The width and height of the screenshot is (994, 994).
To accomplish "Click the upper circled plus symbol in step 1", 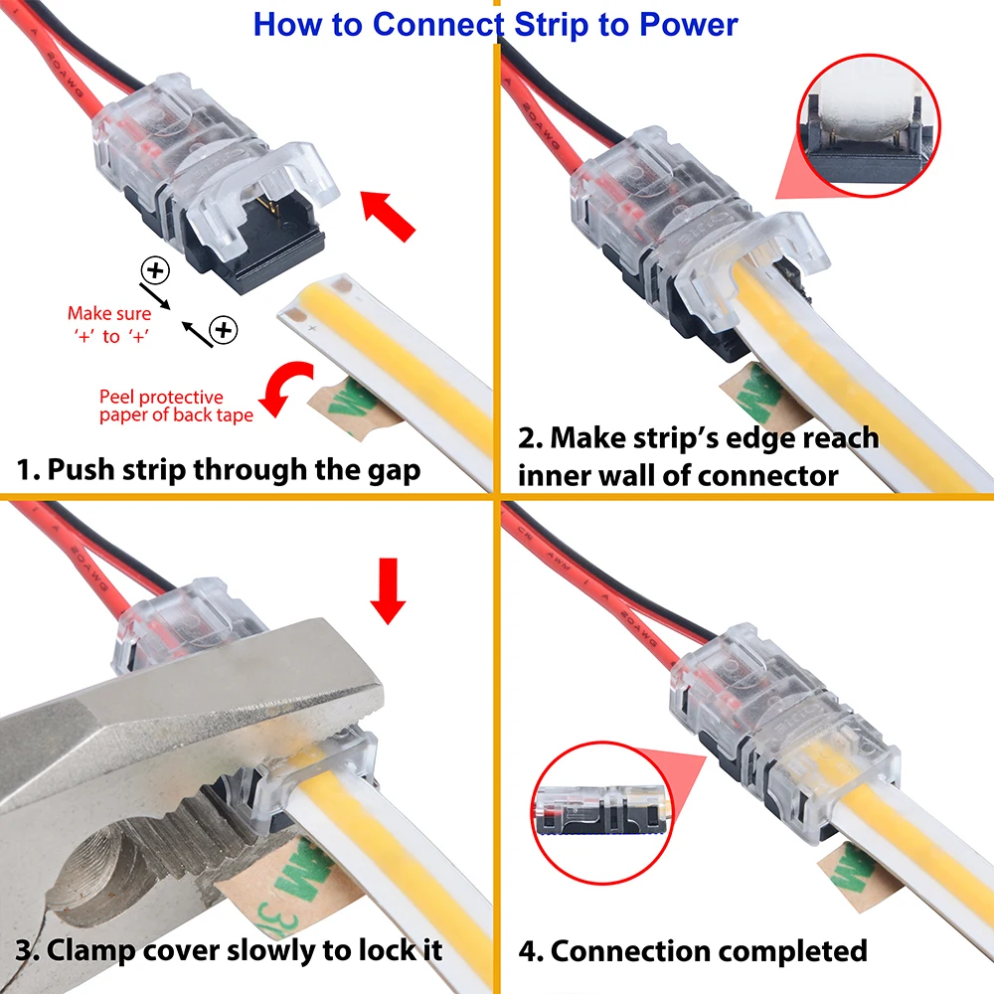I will [x=155, y=268].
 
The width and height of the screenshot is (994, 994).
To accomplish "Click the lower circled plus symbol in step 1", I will [x=224, y=329].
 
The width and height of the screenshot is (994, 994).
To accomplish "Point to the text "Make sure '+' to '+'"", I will [x=109, y=325].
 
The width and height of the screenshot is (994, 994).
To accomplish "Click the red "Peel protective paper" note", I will [x=175, y=407].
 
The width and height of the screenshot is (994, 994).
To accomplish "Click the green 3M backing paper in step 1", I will [x=338, y=408].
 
